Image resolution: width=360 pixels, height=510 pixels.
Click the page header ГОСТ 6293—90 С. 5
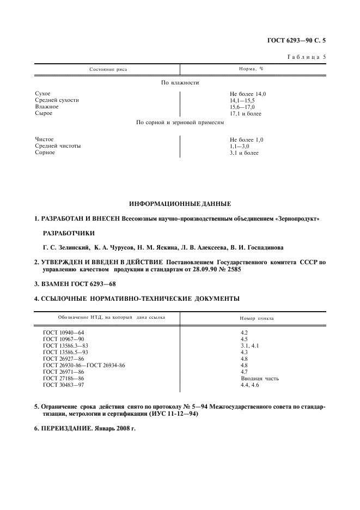300,40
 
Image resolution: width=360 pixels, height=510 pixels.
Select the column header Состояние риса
108,70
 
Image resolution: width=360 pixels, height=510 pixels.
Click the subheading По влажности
180,82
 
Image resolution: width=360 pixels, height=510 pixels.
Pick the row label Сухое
43,94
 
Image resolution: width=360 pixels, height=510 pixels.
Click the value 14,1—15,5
242,101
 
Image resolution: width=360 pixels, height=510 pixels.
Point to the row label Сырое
44,114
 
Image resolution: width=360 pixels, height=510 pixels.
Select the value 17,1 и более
246,114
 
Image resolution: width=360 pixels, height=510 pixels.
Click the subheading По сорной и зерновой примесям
180,123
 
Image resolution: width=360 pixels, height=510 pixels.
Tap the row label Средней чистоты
58,146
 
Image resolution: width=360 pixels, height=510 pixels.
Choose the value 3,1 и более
245,153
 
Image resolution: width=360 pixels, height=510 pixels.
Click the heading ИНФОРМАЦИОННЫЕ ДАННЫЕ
180,204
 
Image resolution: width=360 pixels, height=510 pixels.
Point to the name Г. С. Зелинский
66,247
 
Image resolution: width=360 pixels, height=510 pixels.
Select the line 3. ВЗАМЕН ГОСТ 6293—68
75,284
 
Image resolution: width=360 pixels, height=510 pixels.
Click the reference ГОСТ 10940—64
64,332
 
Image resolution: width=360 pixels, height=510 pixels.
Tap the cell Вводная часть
260,378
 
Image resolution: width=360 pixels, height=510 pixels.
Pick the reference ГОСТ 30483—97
64,385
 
